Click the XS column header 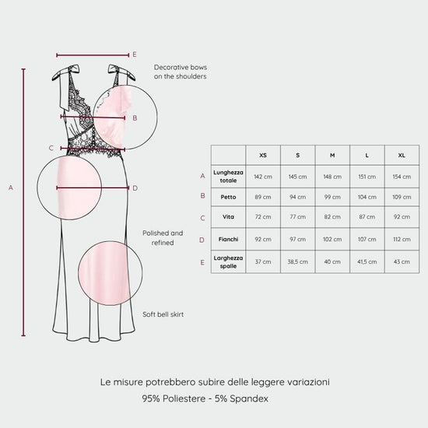(x=263, y=156)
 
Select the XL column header (x=402, y=156)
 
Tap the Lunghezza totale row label (x=228, y=177)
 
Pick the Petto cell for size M (x=332, y=197)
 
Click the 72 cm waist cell (x=263, y=217)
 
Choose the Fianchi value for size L (x=367, y=240)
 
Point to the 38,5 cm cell (x=297, y=261)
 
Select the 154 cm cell (x=402, y=177)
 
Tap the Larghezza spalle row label (x=228, y=262)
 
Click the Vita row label (x=228, y=217)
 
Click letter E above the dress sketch (x=135, y=54)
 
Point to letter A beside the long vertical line (x=11, y=188)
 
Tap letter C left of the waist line (x=51, y=148)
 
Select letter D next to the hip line (x=135, y=188)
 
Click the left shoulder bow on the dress (x=65, y=74)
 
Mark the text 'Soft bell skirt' (x=163, y=314)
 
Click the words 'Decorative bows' (x=181, y=68)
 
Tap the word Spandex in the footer (x=249, y=398)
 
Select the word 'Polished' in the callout (x=156, y=233)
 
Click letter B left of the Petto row (x=202, y=195)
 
